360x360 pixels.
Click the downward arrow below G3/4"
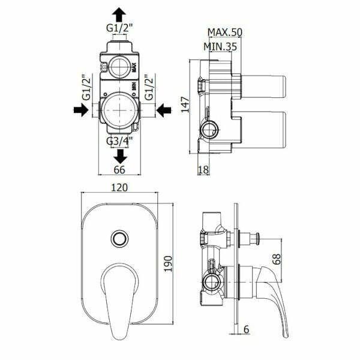121,156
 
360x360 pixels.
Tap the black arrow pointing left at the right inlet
162,110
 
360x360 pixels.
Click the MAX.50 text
223,32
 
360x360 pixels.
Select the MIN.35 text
220,46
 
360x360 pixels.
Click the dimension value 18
203,170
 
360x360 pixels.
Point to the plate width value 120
120,188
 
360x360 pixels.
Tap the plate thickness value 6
247,329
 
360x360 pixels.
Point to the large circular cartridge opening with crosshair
121,110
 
